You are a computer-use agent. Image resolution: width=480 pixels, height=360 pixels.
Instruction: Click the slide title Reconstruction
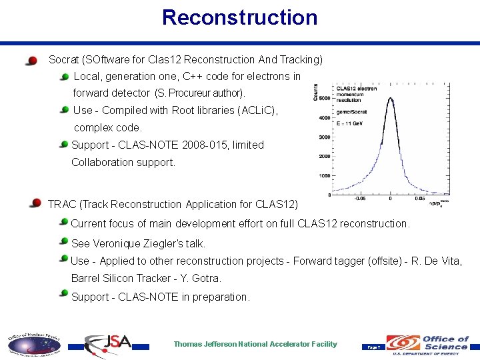(239, 17)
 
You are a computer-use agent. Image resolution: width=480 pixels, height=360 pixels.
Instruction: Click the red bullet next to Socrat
(31, 61)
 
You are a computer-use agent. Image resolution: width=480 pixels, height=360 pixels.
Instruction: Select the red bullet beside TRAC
(35, 203)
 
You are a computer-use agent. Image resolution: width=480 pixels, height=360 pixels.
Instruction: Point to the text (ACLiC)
(257, 110)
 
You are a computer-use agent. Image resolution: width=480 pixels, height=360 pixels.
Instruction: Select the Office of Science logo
(429, 344)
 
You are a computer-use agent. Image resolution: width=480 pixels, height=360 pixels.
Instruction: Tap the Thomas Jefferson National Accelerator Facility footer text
(255, 344)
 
